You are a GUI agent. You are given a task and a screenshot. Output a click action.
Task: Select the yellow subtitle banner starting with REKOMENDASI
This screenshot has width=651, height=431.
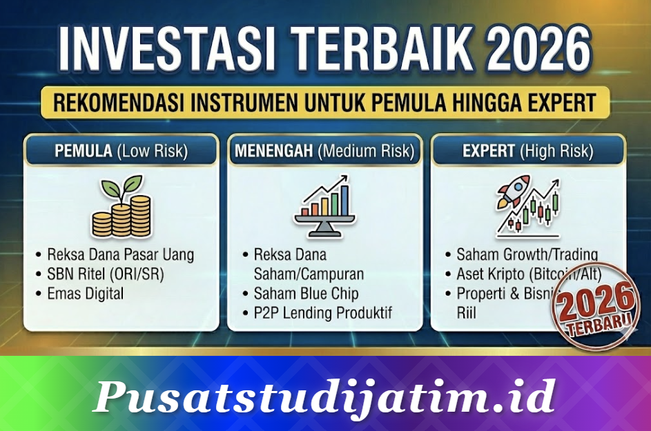tap(324, 103)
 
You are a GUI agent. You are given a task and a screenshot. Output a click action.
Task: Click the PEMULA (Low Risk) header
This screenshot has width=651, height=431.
tap(122, 150)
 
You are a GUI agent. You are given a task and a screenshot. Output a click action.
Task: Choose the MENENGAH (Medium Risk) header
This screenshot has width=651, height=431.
tap(324, 150)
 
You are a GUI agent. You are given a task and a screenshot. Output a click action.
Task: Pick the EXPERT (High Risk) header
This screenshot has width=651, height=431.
tap(528, 150)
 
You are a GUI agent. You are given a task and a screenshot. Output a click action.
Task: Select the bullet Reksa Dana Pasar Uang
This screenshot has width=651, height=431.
tap(120, 254)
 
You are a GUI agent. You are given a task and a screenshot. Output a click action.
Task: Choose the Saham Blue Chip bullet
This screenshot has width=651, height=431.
tap(306, 293)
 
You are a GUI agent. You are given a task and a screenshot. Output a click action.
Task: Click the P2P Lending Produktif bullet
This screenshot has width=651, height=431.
tap(322, 313)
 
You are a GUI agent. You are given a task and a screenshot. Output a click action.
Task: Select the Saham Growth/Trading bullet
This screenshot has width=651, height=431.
tap(527, 254)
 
